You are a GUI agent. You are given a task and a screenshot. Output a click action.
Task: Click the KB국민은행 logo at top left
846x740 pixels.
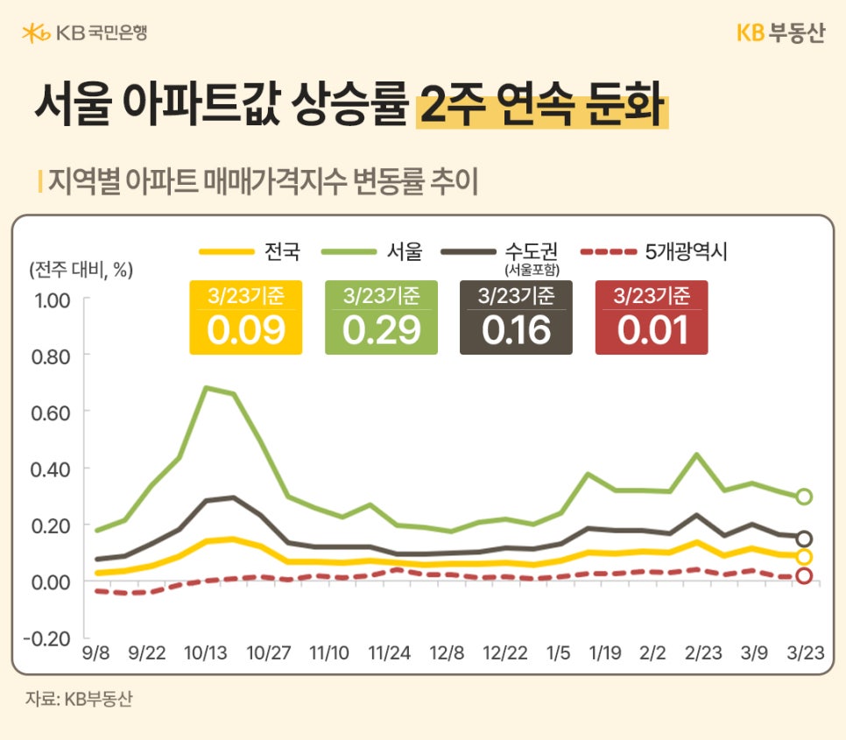[84, 33]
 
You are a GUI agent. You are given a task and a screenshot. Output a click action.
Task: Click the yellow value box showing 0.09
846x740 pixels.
[245, 318]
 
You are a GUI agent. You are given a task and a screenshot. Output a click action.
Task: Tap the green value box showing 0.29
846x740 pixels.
[381, 318]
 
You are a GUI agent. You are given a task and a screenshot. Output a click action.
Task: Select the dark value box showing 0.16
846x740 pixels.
[516, 318]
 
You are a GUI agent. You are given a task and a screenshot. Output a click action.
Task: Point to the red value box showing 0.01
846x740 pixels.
[651, 318]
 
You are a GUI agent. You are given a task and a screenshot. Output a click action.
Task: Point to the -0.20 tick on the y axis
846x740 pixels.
[48, 638]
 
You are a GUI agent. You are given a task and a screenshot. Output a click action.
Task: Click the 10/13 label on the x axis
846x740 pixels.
[206, 653]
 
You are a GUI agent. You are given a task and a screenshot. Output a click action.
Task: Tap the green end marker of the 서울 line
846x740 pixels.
[804, 497]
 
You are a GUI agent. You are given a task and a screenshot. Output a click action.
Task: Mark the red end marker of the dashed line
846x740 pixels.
[804, 576]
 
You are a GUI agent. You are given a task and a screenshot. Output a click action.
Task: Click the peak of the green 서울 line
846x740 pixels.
[207, 387]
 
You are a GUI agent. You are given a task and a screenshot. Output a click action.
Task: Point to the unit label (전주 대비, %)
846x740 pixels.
[80, 269]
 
